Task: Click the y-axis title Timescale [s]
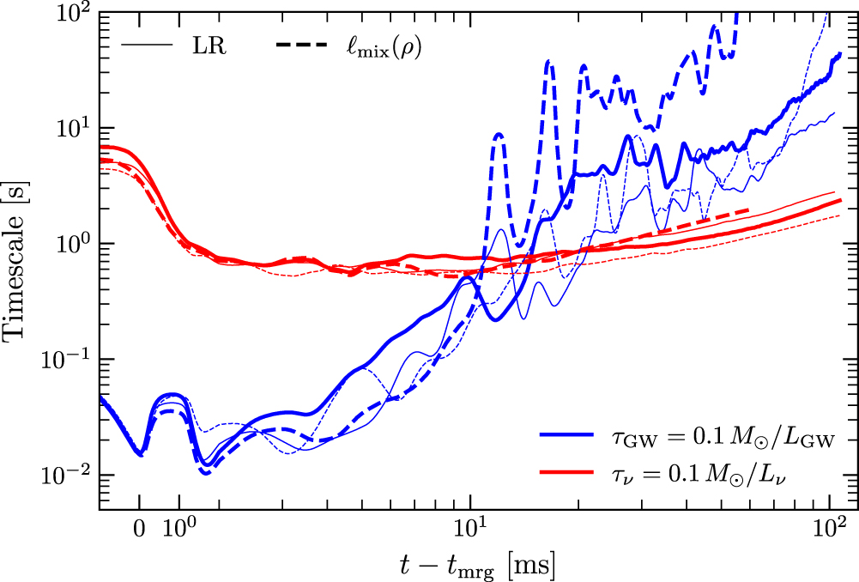[19, 261]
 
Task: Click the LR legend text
[209, 45]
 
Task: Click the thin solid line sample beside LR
[149, 45]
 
